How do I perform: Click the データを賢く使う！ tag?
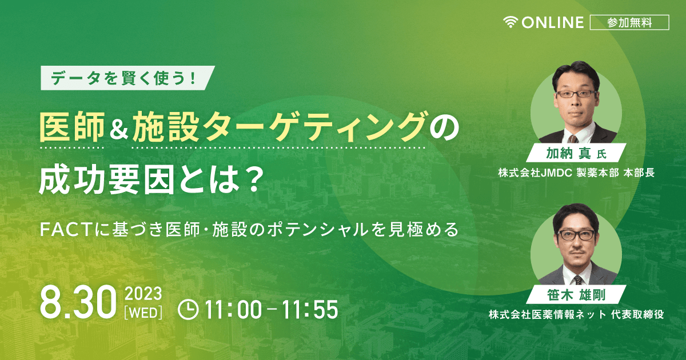click(127, 78)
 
